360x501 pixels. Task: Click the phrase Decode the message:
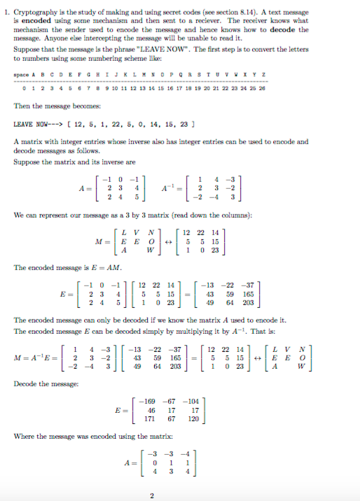(39, 383)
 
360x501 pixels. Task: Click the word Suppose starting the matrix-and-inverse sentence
(26, 161)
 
